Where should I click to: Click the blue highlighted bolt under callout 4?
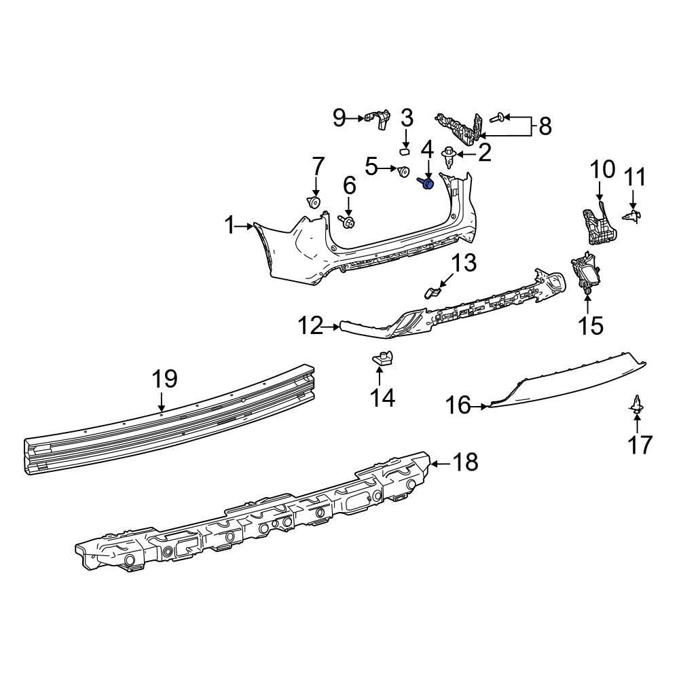[x=428, y=183]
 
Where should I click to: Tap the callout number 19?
[x=164, y=378]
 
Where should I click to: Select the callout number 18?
[x=465, y=463]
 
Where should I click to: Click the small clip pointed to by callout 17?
[x=637, y=405]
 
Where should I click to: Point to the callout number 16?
[x=458, y=406]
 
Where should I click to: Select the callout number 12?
[x=312, y=327]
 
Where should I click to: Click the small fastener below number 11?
[x=634, y=216]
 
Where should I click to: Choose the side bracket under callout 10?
[x=596, y=224]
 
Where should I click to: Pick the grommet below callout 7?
[x=314, y=202]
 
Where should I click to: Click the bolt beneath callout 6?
[x=348, y=222]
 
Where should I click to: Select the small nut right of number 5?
[x=403, y=171]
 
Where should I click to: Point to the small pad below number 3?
[x=405, y=147]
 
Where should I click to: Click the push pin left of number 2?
[x=449, y=158]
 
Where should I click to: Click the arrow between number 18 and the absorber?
[x=440, y=463]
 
